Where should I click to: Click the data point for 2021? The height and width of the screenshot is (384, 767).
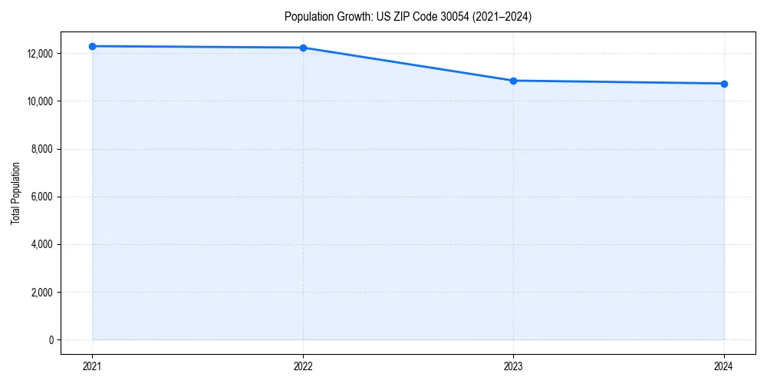(93, 46)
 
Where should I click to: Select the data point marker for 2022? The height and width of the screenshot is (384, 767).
(303, 48)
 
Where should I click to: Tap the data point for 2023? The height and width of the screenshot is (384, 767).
(513, 81)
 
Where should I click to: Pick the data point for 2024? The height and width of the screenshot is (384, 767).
(724, 84)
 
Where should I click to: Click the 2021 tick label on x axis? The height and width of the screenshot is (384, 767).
(93, 366)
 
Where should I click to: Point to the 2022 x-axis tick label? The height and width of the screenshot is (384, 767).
(303, 366)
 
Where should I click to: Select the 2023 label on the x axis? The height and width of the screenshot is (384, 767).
(513, 366)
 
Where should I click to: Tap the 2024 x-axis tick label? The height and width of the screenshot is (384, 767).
(724, 366)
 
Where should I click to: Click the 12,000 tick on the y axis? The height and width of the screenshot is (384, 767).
(38, 54)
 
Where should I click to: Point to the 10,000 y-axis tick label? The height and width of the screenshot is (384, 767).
(38, 101)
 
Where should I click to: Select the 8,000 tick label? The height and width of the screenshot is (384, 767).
(41, 149)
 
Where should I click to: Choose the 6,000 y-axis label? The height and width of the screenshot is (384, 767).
(41, 197)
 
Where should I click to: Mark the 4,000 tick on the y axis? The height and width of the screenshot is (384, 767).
(41, 244)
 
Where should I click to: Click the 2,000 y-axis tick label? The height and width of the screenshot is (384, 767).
(41, 292)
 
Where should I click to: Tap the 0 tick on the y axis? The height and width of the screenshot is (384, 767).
(51, 339)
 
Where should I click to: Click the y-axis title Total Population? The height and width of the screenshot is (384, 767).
(16, 193)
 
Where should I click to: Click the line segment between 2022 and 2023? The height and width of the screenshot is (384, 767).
(408, 65)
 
